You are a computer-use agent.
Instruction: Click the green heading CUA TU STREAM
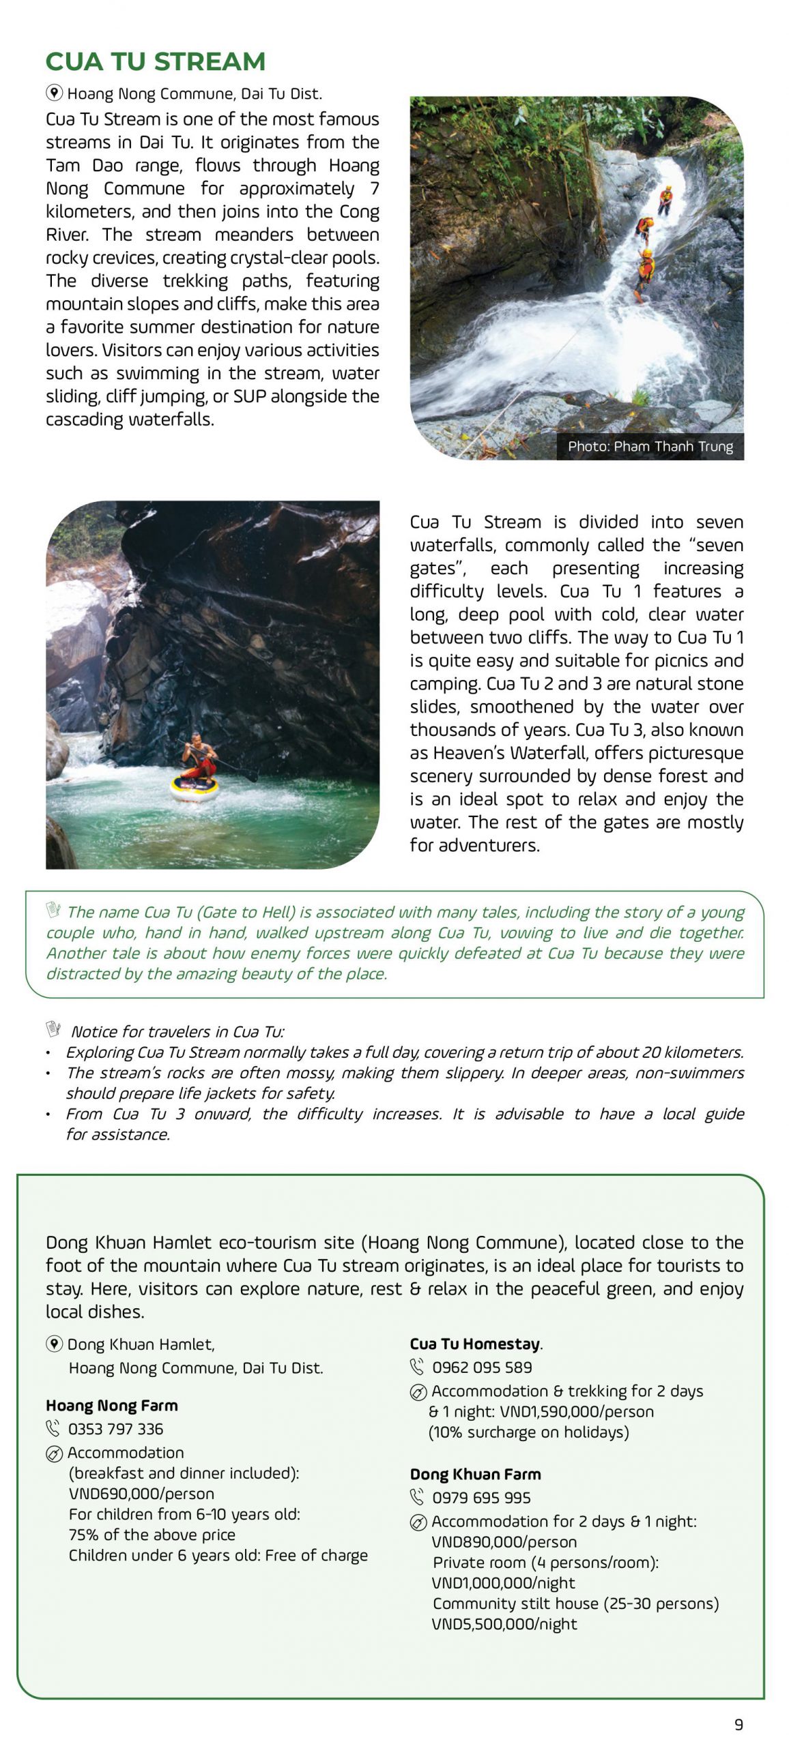tap(155, 62)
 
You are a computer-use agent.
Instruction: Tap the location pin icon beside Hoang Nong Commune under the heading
tap(55, 93)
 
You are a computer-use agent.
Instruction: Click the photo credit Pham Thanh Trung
tap(650, 447)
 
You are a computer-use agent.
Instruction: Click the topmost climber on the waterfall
tap(665, 200)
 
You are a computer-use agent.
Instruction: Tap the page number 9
tap(738, 1724)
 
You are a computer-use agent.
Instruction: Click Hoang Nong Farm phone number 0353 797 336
tap(115, 1429)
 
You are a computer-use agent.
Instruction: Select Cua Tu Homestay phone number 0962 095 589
tap(482, 1367)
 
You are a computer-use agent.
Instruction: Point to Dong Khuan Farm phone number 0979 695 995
tap(481, 1498)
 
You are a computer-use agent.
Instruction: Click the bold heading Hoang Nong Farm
tap(112, 1405)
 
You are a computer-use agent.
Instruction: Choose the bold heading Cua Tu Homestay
tap(475, 1344)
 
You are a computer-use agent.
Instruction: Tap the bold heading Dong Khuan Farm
tap(475, 1474)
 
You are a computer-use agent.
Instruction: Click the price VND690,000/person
tap(141, 1494)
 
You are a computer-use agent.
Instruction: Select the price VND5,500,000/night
tap(504, 1624)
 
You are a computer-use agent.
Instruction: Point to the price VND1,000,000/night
tap(503, 1583)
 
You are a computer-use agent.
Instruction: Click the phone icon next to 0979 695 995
tap(417, 1498)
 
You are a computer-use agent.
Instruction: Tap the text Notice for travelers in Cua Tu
tap(177, 1031)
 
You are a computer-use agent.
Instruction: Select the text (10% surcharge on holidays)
tap(528, 1432)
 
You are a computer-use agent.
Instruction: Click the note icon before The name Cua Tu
tap(54, 911)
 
